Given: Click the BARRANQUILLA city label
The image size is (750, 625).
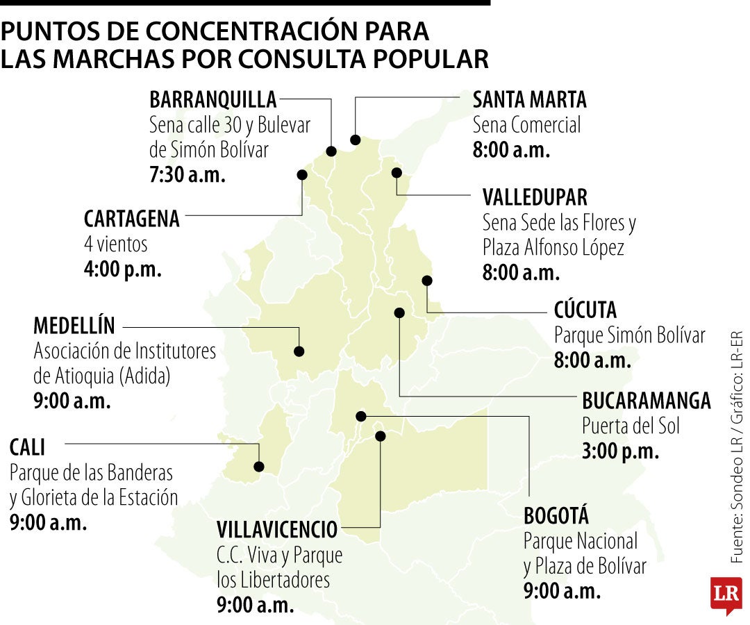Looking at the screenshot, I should tap(213, 100).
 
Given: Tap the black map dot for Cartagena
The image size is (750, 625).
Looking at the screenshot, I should tap(302, 175).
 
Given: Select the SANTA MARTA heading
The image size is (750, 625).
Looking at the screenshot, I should tap(529, 100).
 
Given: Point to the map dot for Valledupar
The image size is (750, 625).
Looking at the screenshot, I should tap(397, 172).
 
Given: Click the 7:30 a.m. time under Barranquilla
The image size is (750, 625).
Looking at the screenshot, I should tap(187, 175).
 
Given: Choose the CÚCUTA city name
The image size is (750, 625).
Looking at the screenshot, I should tap(585, 310).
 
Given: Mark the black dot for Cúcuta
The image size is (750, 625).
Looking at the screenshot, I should tap(427, 281).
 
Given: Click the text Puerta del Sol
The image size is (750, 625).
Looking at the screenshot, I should tap(631, 425).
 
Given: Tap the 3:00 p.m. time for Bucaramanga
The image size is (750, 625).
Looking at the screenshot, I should tap(620, 450).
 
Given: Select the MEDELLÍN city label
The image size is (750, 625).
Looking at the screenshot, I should tap(74, 326).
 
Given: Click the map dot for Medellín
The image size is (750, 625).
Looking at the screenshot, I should tap(299, 351).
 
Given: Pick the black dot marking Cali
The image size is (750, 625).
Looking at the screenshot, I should tap(259, 467).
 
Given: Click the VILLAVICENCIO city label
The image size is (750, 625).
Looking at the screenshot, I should tap(277, 530).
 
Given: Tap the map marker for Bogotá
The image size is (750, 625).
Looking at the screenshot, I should tap(360, 416).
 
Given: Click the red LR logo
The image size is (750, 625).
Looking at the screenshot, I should tap(726, 595).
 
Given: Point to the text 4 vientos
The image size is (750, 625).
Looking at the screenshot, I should tap(116, 244).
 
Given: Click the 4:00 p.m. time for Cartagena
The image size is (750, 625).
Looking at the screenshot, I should tap(123, 269).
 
